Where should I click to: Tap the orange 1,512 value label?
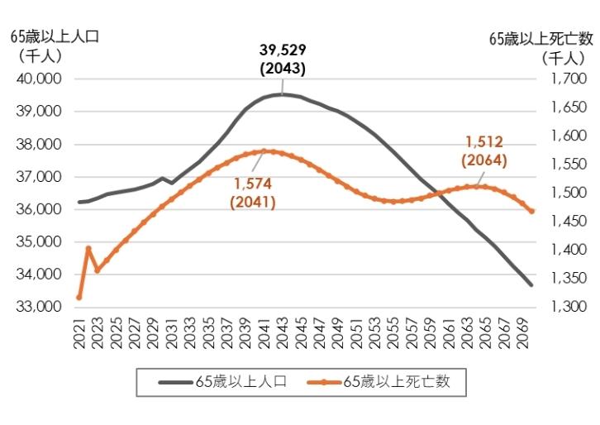pyautogui.click(x=484, y=142)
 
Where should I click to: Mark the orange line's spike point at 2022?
pyautogui.click(x=88, y=248)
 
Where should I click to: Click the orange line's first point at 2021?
pyautogui.click(x=79, y=297)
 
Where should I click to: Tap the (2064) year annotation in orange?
pyautogui.click(x=484, y=160)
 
